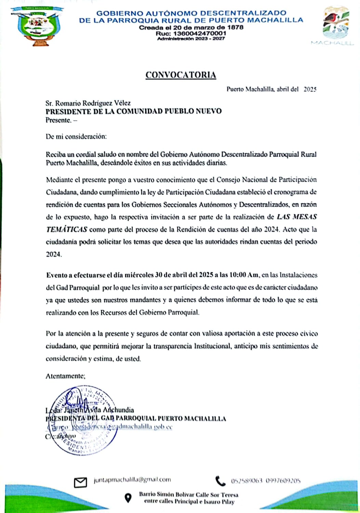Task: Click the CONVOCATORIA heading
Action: tap(181, 75)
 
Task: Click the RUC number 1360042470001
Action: tap(200, 33)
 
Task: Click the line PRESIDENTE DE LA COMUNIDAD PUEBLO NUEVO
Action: tap(134, 111)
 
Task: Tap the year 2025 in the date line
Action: tap(310, 89)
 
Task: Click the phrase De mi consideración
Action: tap(76, 136)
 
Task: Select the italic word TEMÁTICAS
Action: tap(66, 229)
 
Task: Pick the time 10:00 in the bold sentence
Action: tap(238, 275)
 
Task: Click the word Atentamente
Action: tap(65, 376)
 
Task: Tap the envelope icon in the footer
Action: tap(80, 482)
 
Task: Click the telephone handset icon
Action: tap(221, 481)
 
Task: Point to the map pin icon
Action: tap(128, 498)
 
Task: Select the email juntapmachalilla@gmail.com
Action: tap(132, 479)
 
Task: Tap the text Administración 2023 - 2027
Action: tap(191, 39)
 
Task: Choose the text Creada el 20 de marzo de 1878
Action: tap(191, 27)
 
